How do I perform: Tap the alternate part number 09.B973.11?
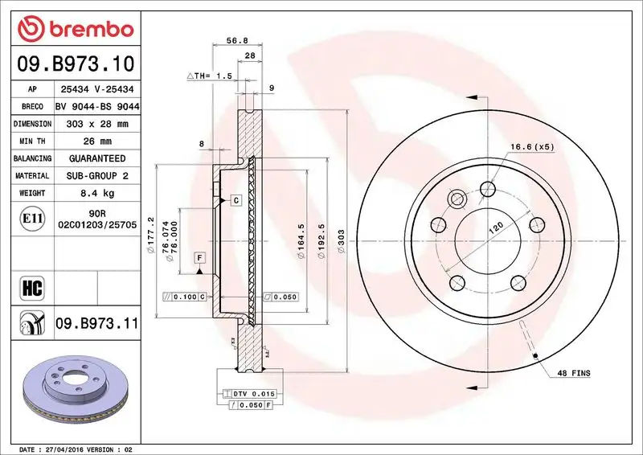tap(96, 324)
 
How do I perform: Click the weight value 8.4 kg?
tap(96, 193)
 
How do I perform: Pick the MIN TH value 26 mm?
tap(96, 141)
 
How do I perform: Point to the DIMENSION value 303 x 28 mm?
tap(96, 124)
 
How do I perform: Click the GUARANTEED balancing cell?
tap(96, 158)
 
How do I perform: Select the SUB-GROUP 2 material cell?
tap(96, 175)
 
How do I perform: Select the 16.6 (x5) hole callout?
tap(532, 146)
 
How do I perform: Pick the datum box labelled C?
tap(236, 199)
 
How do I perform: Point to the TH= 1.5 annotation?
tap(210, 76)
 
